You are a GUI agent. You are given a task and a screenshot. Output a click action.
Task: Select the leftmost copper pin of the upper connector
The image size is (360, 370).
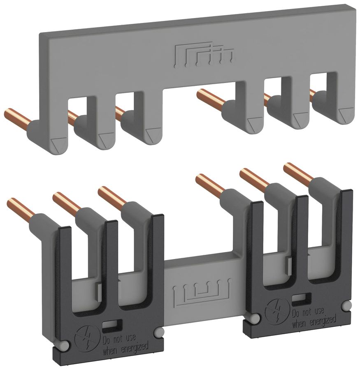click(16, 117)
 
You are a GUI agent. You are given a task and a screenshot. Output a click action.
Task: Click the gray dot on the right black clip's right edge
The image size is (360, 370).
click(349, 305)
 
